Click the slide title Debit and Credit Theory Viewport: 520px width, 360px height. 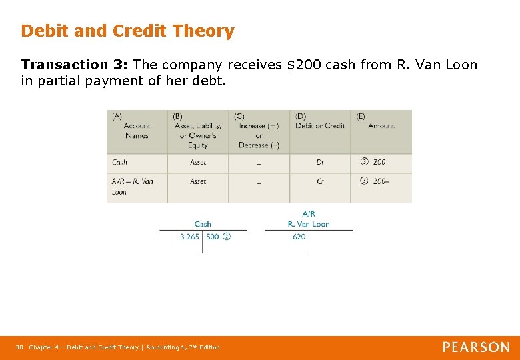(127, 31)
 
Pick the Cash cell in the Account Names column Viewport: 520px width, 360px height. (120, 162)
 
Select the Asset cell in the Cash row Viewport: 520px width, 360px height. (198, 162)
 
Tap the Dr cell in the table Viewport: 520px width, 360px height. (320, 162)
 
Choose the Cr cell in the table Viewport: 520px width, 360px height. (320, 181)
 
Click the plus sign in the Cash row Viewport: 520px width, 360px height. (259, 163)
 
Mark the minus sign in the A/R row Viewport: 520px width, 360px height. (259, 182)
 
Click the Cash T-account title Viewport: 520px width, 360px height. (203, 224)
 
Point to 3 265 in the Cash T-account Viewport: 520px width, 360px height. (189, 237)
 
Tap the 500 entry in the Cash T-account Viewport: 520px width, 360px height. (213, 237)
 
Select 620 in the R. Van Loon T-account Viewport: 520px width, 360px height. (299, 237)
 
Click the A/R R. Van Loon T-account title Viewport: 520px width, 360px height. (309, 219)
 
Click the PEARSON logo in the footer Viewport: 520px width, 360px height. (476, 347)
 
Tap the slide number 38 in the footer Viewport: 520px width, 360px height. (19, 347)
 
